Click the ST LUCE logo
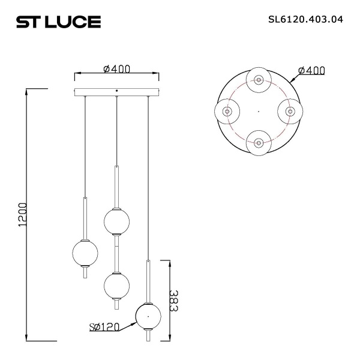58,22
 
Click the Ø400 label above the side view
117,69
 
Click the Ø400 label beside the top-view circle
311,71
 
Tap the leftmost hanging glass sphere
85,253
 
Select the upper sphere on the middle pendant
116,220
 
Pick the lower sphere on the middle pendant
116,283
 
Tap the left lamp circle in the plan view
227,111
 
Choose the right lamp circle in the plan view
290,111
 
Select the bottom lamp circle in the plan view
259,143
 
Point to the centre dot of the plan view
259,111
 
